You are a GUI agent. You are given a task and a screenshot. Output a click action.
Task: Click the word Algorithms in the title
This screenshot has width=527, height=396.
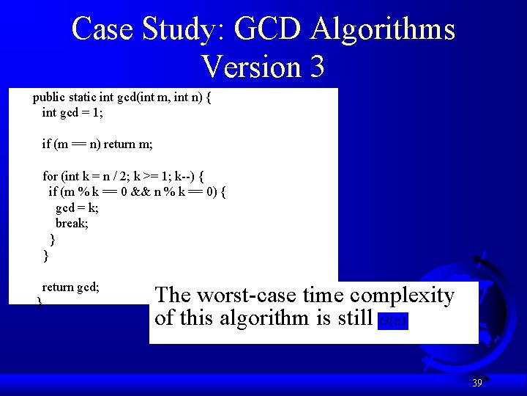(383, 29)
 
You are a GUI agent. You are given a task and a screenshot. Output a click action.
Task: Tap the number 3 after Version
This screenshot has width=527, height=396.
(316, 67)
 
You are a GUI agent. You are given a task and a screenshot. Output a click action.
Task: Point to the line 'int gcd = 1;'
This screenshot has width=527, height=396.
(72, 112)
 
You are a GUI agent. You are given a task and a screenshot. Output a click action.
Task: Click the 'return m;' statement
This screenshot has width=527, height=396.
(128, 144)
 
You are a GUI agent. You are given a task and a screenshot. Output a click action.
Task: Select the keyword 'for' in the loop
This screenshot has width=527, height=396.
(50, 176)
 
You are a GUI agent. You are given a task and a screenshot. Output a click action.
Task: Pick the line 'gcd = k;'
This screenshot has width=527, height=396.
(77, 208)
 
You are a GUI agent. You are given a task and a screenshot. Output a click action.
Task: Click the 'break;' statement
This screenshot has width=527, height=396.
(72, 223)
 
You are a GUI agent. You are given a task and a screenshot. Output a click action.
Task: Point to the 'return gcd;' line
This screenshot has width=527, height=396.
(71, 287)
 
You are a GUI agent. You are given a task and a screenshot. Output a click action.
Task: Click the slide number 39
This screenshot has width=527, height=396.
(476, 383)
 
